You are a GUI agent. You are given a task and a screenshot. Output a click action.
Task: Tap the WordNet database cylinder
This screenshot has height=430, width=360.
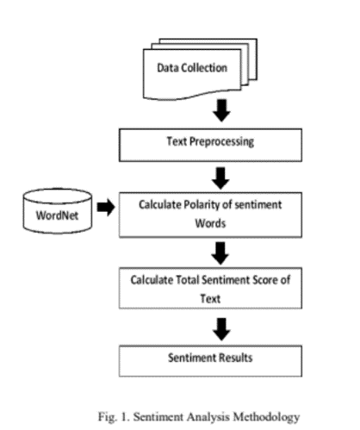55,210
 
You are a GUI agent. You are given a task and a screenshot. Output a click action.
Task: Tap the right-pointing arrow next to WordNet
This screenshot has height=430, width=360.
107,209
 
